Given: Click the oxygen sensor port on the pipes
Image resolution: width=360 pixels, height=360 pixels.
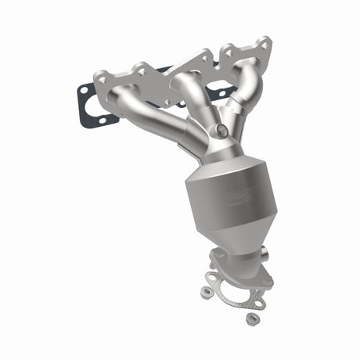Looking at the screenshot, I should coord(223,131).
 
